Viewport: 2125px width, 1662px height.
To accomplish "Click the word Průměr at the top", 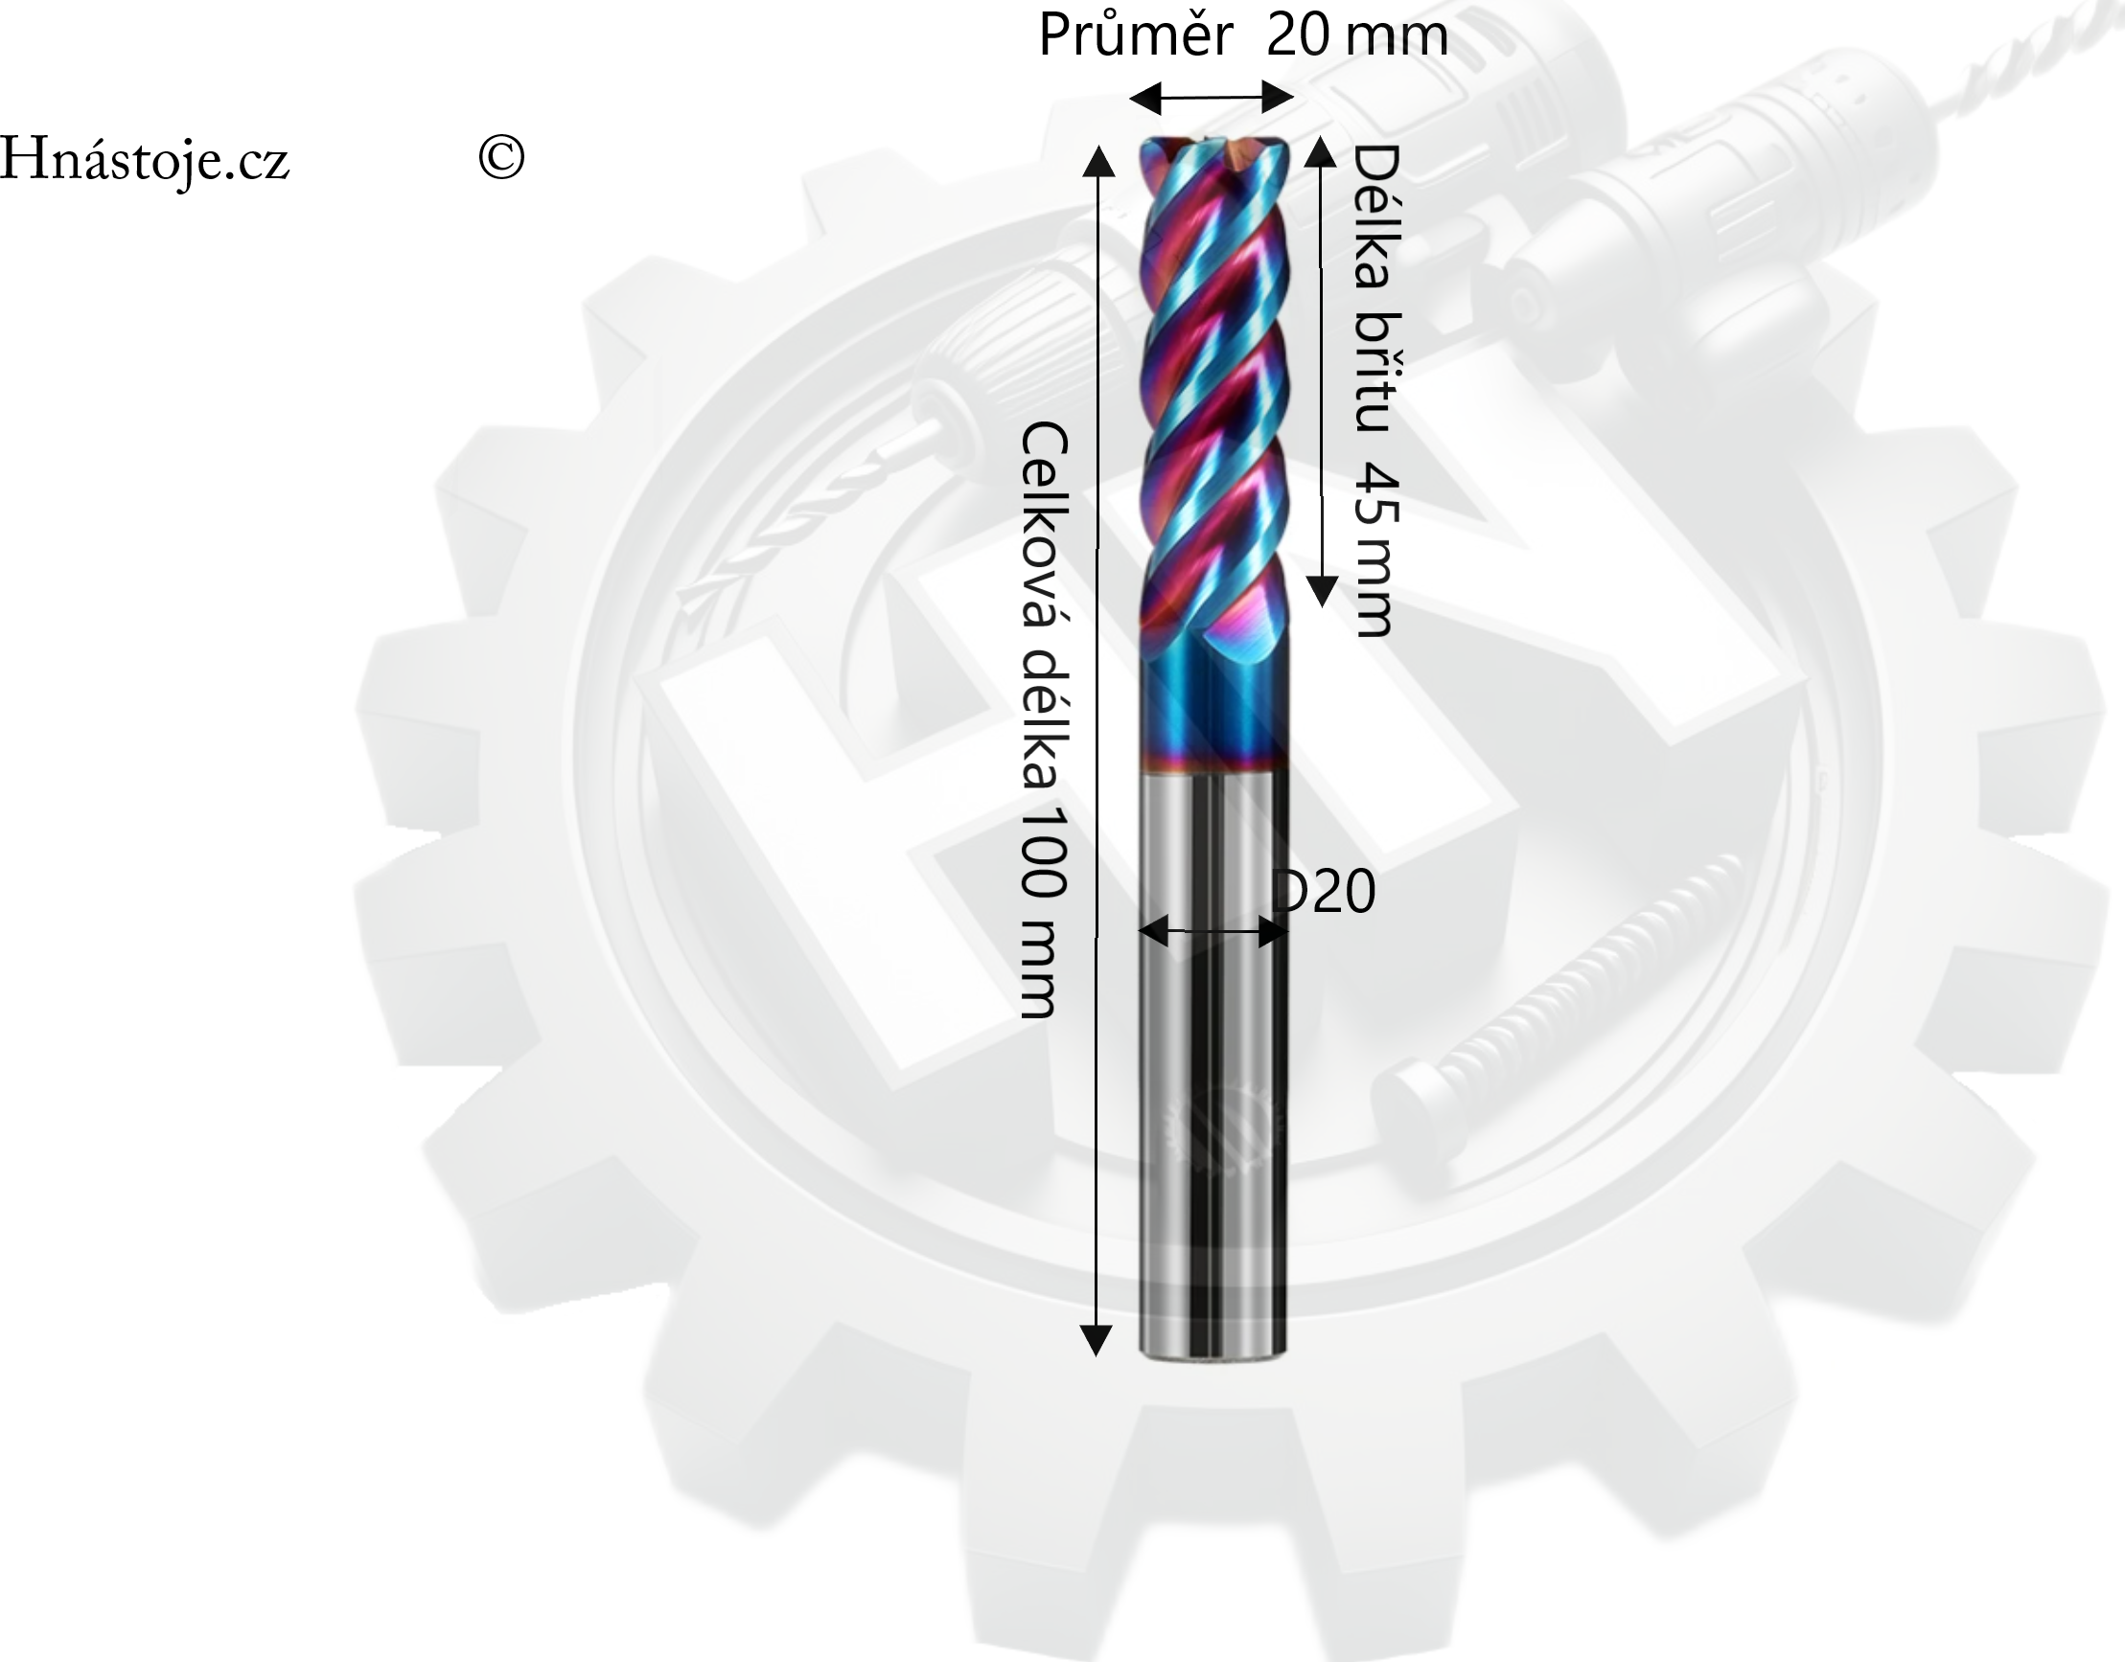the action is (1135, 35).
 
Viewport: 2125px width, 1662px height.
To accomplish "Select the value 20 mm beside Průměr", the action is (1357, 35).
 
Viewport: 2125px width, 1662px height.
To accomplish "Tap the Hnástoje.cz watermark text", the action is (144, 159).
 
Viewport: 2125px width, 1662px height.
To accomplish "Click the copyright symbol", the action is (501, 156).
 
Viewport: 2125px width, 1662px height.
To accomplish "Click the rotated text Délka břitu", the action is (1376, 287).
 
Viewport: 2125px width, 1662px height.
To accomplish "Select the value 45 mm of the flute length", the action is (1376, 549).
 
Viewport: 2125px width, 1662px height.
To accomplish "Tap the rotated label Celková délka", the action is (1045, 604).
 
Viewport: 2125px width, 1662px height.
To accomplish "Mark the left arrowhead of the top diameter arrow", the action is (1144, 98).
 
